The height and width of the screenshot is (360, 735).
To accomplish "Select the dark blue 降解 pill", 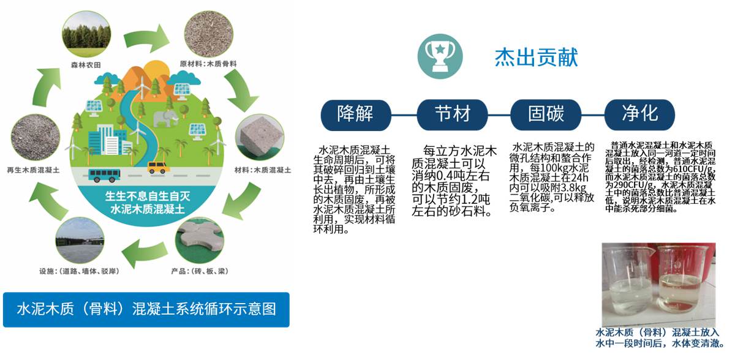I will [x=355, y=113].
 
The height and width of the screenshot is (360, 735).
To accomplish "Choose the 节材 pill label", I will [x=452, y=113].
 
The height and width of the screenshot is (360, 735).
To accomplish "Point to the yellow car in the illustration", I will [x=158, y=167].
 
